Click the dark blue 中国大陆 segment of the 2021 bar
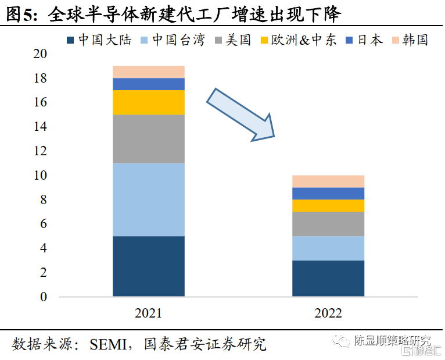149,266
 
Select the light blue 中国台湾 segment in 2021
149,199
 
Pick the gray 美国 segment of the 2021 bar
149,138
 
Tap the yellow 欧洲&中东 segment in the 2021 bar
149,102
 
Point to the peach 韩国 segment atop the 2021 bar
149,72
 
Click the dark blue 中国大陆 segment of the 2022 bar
328,278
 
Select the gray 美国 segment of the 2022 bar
328,223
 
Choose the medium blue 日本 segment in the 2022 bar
328,193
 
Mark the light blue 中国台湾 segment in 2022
328,248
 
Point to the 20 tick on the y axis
40,54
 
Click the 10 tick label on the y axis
40,175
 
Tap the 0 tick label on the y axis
43,297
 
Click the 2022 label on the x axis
328,313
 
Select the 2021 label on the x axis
149,313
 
